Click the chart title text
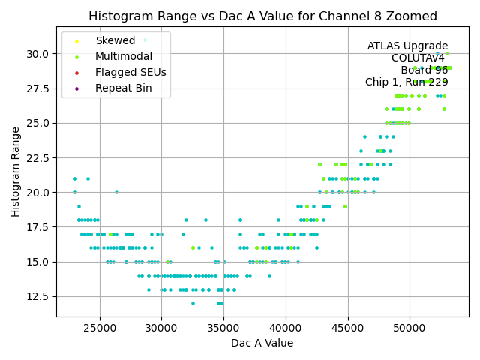pyautogui.click(x=262, y=16)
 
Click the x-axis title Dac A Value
pyautogui.click(x=262, y=343)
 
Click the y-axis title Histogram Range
pyautogui.click(x=16, y=171)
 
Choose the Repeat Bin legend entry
pyautogui.click(x=123, y=88)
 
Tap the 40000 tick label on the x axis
pyautogui.click(x=286, y=328)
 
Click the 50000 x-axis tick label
pyautogui.click(x=410, y=328)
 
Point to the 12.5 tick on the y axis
pyautogui.click(x=38, y=295)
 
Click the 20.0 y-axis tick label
pyautogui.click(x=38, y=192)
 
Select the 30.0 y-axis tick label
pyautogui.click(x=38, y=54)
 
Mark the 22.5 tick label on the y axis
pyautogui.click(x=38, y=157)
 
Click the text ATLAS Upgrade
pyautogui.click(x=407, y=46)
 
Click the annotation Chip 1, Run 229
pyautogui.click(x=406, y=82)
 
